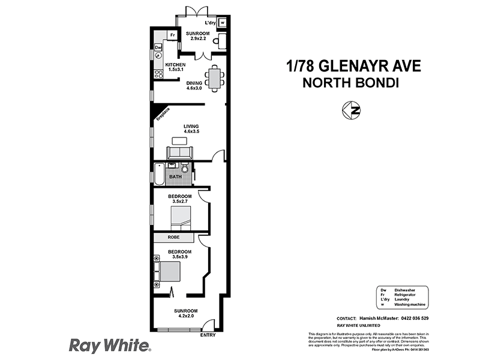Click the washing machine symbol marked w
[x=223, y=23]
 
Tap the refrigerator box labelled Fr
[x=173, y=35]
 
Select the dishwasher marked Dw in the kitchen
[x=158, y=47]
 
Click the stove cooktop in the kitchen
[x=159, y=74]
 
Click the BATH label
[x=175, y=177]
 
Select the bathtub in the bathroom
[x=158, y=174]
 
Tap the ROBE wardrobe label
[x=173, y=238]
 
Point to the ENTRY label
[x=208, y=335]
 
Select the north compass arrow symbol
[x=354, y=110]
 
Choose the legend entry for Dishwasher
[x=405, y=290]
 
